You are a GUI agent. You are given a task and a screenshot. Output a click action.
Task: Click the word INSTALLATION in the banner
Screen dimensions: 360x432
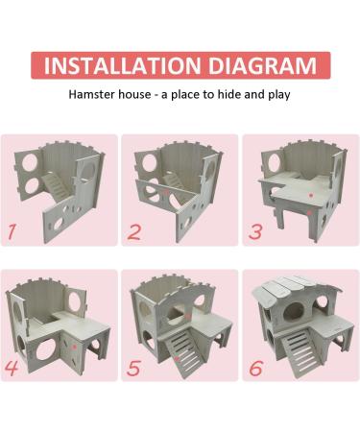point(122,65)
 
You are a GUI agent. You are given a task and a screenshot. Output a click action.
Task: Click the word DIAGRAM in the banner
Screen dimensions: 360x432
point(262,65)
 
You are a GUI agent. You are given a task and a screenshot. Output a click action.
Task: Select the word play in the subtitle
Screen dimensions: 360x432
point(279,95)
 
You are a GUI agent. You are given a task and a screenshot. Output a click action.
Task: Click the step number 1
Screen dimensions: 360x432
point(12,231)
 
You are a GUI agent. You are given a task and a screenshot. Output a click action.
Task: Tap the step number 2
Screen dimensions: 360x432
point(133,231)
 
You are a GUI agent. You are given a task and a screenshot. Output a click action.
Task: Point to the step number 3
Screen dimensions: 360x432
point(255,231)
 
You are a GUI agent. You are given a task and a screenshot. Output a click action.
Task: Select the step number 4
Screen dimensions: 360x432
point(12,368)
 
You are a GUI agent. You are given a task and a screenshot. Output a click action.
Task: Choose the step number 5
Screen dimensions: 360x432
point(133,368)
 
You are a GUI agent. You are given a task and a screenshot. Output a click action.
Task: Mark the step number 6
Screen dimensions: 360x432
point(255,368)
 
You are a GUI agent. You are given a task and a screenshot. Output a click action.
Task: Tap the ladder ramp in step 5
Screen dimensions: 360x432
point(183,352)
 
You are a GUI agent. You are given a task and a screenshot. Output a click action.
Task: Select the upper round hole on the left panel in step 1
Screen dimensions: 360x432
point(30,163)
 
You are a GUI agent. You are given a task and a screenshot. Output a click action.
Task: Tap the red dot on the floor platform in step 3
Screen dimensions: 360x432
point(310,195)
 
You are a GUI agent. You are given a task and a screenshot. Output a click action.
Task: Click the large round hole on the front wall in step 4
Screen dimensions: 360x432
point(45,349)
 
